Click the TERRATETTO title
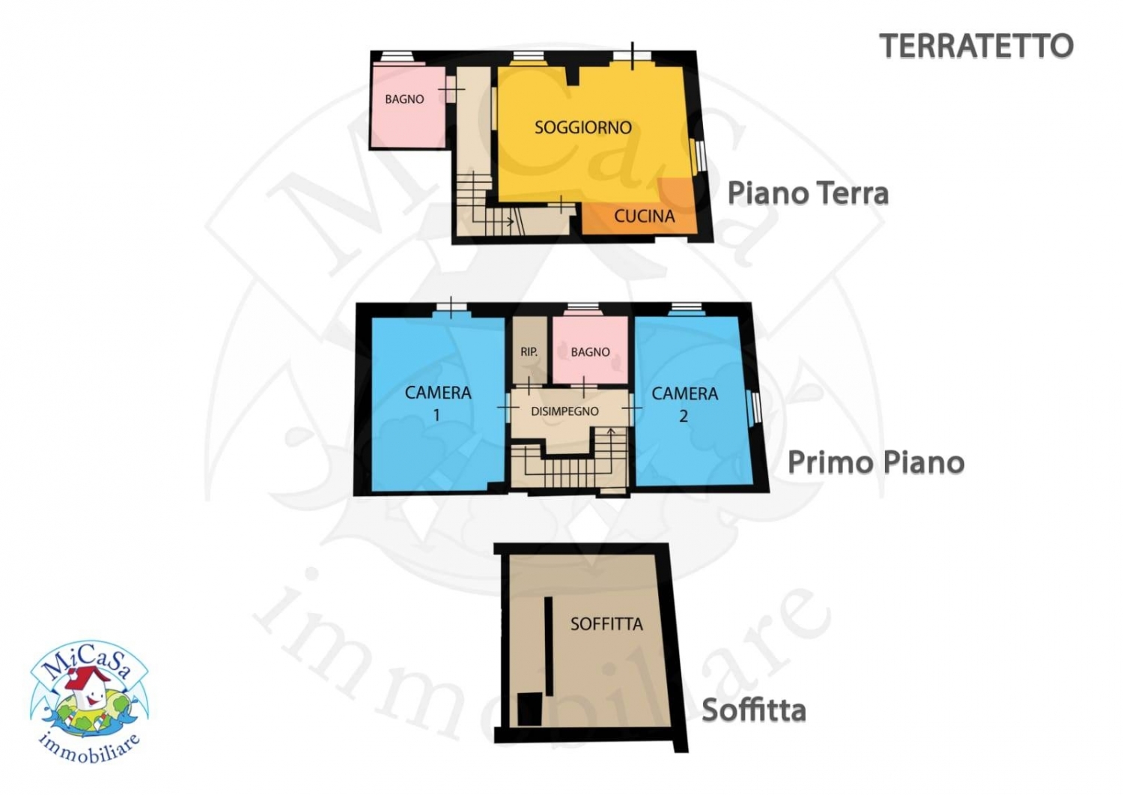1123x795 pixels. point(976,46)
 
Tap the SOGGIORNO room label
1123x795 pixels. point(582,127)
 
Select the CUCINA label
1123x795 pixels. point(644,217)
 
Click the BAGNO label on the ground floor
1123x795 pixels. point(404,100)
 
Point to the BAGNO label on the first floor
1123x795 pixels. point(590,352)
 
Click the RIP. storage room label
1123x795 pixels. point(529,352)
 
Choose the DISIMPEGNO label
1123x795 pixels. point(564,411)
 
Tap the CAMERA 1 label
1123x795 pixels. point(438,404)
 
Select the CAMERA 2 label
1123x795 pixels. point(684,405)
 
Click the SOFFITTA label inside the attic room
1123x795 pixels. point(606,624)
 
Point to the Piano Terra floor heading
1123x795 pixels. point(808,194)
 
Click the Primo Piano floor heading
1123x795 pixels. point(876,462)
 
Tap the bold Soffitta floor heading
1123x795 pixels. point(753,710)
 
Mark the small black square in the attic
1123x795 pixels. point(529,709)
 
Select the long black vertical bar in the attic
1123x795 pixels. point(549,646)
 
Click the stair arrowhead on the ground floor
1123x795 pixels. point(511,221)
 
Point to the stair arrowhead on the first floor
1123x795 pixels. point(611,431)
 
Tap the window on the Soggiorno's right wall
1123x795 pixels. point(699,154)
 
